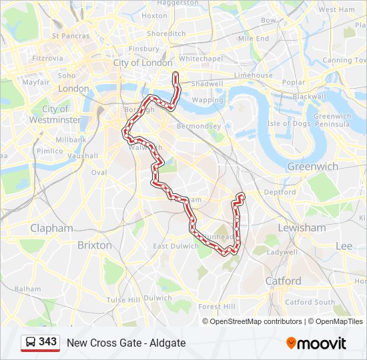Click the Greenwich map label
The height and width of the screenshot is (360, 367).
[x=312, y=166]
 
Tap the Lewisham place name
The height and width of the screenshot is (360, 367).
[x=302, y=227]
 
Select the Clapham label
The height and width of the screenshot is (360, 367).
[x=51, y=228]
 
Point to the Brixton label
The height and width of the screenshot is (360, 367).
[x=95, y=245]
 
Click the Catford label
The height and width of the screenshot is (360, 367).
[x=284, y=281]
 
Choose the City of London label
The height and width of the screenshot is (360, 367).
[x=143, y=63]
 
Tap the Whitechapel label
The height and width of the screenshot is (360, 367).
[x=200, y=59]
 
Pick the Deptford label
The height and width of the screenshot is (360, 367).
[x=280, y=192]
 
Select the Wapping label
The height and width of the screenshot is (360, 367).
[x=208, y=100]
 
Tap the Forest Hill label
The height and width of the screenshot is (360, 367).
[x=217, y=307]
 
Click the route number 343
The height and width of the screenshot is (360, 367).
[x=48, y=342]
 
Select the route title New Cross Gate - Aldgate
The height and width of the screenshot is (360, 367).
[x=126, y=343]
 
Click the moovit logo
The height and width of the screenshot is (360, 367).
[x=316, y=343]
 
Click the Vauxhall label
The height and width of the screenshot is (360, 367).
[x=83, y=155]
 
